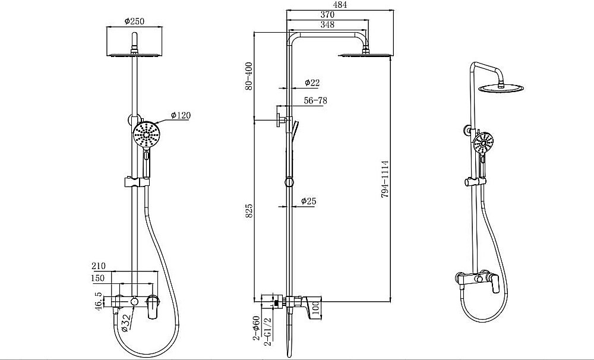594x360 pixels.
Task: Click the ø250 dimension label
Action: click(134, 21)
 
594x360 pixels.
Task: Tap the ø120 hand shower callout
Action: click(181, 115)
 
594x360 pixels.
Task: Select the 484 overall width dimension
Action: click(339, 5)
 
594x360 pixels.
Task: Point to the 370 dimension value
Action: click(327, 14)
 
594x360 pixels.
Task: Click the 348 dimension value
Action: click(327, 24)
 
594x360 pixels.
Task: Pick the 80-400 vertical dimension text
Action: click(249, 76)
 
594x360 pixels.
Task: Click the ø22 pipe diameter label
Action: click(312, 82)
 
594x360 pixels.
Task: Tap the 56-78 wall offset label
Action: click(315, 100)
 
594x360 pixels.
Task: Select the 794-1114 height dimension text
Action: click(385, 179)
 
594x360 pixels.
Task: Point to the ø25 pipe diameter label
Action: click(309, 201)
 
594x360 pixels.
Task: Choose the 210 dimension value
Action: click(99, 266)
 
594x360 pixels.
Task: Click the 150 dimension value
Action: click(98, 278)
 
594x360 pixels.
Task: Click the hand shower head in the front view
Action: click(147, 134)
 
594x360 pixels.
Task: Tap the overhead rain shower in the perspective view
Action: click(501, 88)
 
